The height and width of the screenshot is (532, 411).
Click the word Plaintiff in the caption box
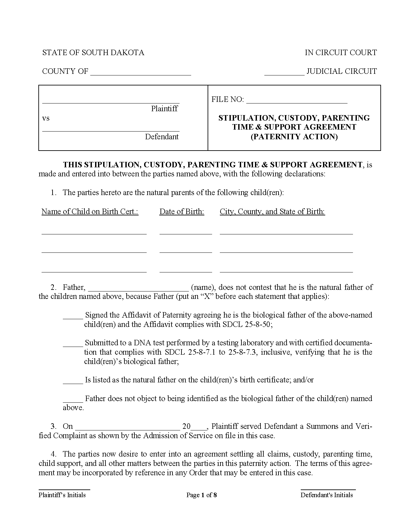click(164, 109)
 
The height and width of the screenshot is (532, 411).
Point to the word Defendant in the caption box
click(161, 137)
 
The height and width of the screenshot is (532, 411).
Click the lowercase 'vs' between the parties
click(46, 118)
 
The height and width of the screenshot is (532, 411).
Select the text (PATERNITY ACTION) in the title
click(294, 137)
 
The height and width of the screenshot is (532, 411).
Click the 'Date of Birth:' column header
click(182, 212)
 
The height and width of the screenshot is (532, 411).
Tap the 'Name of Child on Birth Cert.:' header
click(90, 212)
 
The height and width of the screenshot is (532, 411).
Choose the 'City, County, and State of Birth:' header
click(272, 212)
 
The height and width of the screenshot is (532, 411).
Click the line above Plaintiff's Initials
click(64, 489)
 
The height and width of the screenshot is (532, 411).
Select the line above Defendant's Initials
click(328, 489)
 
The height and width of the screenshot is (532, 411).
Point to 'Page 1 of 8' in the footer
click(201, 495)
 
